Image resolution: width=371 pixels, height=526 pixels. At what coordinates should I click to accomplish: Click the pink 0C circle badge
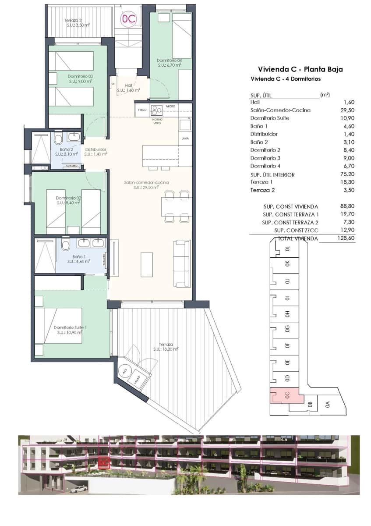point(128,19)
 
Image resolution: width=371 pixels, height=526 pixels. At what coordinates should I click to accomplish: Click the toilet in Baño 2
point(59,140)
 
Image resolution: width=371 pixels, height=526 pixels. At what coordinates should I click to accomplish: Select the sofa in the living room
point(181,263)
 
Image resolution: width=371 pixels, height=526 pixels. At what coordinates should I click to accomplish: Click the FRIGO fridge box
point(142,110)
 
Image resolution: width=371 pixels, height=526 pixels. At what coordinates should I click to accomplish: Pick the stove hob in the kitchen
point(156,110)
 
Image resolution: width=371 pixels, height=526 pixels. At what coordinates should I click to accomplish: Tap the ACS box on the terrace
point(125,370)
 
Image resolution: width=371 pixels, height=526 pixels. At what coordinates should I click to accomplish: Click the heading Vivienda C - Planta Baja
point(300,69)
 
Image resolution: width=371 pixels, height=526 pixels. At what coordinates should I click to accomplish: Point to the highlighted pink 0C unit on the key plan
point(286,396)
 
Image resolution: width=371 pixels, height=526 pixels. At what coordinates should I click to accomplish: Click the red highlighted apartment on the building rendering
point(104,461)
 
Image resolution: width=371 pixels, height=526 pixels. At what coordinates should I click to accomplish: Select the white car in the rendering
point(78,489)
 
